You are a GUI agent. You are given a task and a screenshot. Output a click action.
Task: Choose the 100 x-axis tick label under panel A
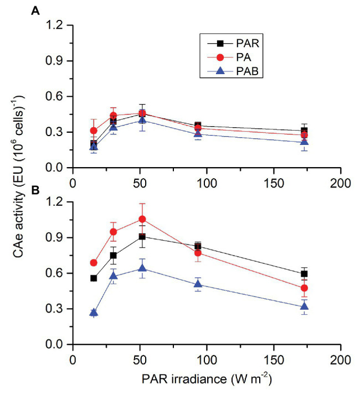click(206, 180)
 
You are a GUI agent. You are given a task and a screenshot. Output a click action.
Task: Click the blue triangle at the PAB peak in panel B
click(142, 268)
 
